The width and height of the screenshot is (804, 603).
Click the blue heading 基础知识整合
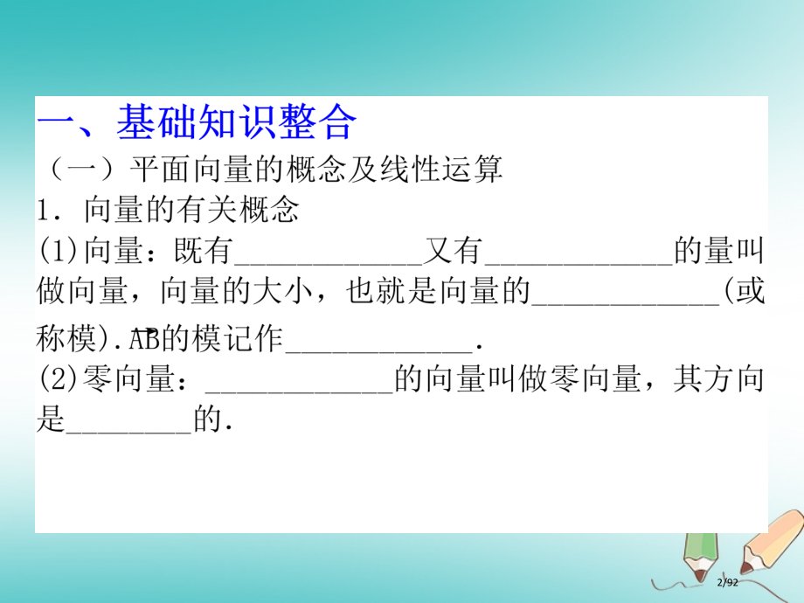coord(236,123)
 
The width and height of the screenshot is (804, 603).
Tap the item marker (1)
coord(59,253)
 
